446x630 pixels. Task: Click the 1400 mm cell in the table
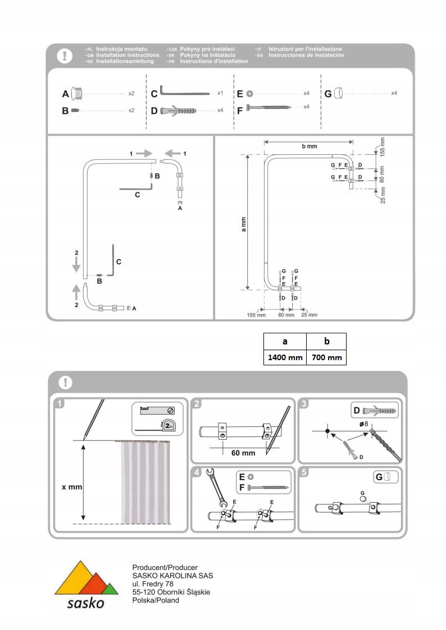285,357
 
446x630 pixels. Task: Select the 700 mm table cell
326,357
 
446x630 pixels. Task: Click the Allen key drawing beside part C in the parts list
184,92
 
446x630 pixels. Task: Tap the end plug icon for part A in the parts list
80,93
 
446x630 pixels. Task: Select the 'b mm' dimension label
309,146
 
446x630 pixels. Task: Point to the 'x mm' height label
72,487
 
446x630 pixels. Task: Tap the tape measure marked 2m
168,426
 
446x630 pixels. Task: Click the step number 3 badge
304,403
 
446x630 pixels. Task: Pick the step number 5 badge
304,472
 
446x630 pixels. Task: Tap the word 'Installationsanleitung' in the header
125,61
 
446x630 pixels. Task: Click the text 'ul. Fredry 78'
152,584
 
